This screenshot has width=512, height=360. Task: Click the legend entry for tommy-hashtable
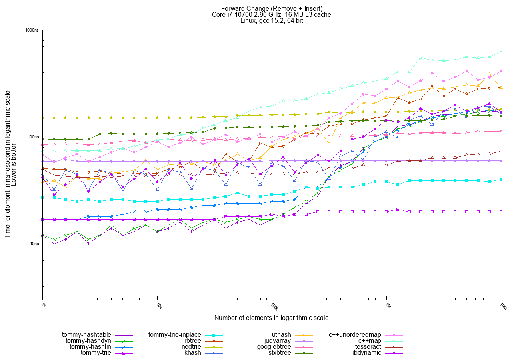(86, 335)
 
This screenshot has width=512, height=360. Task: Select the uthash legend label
(281, 335)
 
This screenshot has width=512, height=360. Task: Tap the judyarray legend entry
(278, 341)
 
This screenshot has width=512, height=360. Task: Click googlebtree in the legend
(274, 347)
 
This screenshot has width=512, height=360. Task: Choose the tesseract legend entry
(368, 347)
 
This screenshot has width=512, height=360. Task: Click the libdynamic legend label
(366, 353)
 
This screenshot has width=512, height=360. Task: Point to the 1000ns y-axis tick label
(32, 30)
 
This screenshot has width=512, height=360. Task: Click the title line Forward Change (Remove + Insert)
(272, 8)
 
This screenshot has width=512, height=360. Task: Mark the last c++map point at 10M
(501, 52)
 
